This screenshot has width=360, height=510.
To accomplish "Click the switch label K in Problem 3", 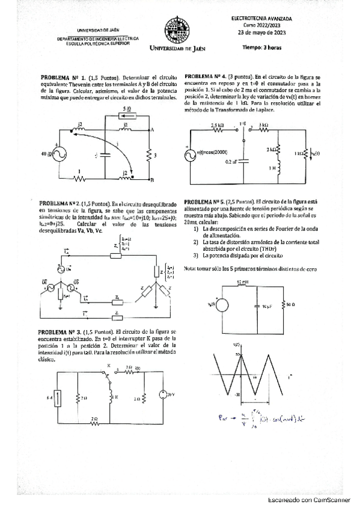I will tap(109, 366).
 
